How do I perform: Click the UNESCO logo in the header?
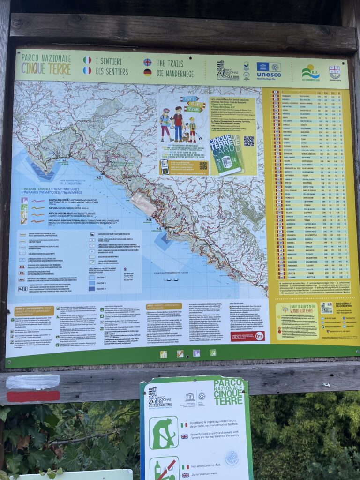[x=269, y=70]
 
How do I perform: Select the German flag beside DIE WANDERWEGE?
[x=147, y=72]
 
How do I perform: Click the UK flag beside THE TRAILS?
[x=147, y=62]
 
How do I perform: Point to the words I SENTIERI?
[x=108, y=61]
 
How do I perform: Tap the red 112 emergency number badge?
[x=260, y=336]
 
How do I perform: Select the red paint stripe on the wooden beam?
[x=33, y=396]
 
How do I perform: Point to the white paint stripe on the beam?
[x=33, y=382]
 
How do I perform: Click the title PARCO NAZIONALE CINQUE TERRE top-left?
[x=45, y=64]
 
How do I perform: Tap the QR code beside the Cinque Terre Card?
[x=248, y=141]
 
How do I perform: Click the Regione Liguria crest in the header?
[x=334, y=72]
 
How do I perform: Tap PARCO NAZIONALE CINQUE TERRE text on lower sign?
[x=228, y=392]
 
